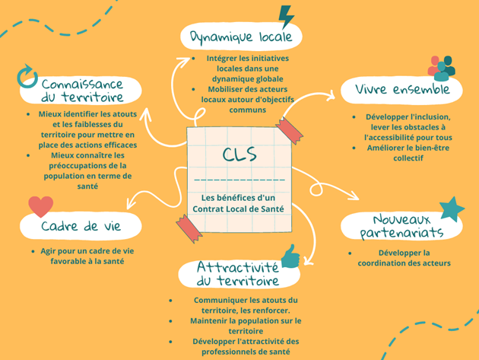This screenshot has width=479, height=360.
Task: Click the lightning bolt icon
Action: [287, 17]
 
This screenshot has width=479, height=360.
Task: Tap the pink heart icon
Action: [40, 206]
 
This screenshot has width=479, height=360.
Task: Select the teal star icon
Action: [452, 209]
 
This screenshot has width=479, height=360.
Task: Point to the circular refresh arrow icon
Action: [27, 75]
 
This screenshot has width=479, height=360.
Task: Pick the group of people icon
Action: [442, 67]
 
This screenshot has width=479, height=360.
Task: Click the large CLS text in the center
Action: [239, 155]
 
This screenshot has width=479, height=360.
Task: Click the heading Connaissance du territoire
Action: [82, 91]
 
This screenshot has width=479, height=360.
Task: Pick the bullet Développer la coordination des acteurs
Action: [404, 258]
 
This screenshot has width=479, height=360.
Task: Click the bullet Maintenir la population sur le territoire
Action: [235, 326]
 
